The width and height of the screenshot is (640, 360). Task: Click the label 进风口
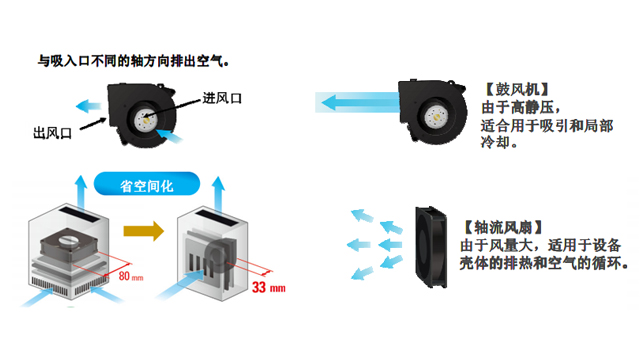(222, 97)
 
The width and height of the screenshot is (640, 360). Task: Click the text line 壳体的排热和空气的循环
(543, 265)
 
